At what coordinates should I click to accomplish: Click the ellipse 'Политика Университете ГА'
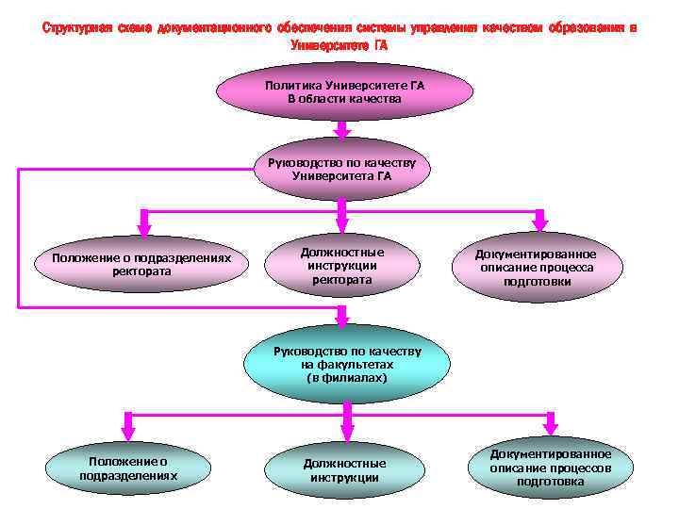343,92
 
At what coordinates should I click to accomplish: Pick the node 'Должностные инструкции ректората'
341,266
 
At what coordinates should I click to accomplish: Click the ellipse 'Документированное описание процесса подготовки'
536,268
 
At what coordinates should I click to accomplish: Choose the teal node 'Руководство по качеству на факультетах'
346,363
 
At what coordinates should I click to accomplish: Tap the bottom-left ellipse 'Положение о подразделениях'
127,468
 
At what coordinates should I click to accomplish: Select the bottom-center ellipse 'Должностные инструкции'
344,469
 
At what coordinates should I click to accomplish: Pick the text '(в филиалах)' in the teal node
346,377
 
